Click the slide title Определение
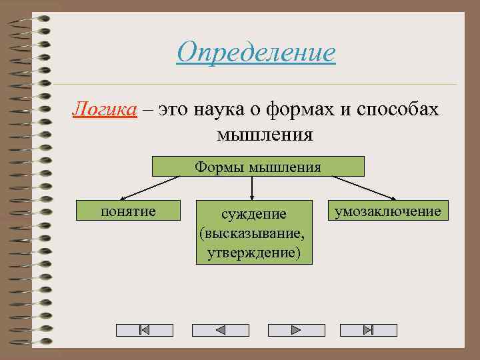[x=256, y=52]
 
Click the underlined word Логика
[x=105, y=109]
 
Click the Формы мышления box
[x=258, y=166]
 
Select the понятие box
[x=128, y=211]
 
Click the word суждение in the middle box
[x=254, y=214]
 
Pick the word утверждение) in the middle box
[x=254, y=253]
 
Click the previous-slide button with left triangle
[x=220, y=330]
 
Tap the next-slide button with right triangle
[x=296, y=330]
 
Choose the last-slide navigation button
[x=368, y=330]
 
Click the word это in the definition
[x=175, y=109]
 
